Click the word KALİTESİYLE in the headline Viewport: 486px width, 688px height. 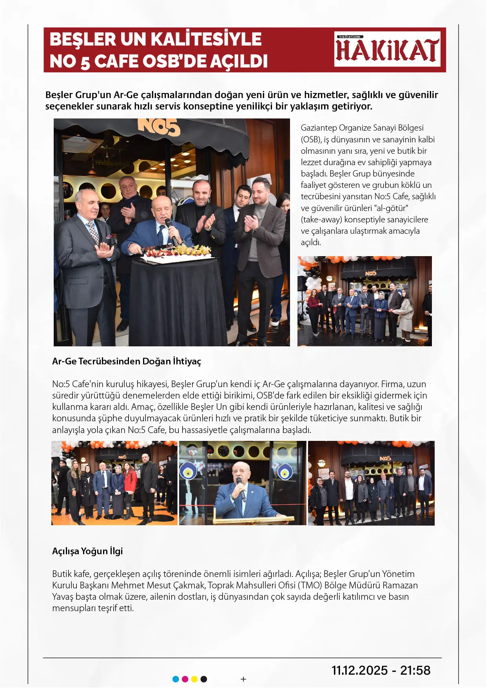pyautogui.click(x=206, y=39)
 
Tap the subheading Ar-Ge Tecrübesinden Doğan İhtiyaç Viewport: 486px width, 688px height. pyautogui.click(x=126, y=361)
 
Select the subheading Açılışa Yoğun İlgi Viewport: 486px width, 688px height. pyautogui.click(x=87, y=551)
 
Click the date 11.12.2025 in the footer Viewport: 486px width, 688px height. pyautogui.click(x=359, y=670)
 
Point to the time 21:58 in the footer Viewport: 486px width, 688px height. pyautogui.click(x=415, y=670)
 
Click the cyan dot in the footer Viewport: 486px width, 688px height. pyautogui.click(x=176, y=679)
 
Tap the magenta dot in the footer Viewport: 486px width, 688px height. pyautogui.click(x=185, y=679)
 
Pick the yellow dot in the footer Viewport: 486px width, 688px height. pyautogui.click(x=194, y=679)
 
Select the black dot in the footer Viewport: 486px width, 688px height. pyautogui.click(x=204, y=679)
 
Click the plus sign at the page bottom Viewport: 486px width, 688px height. pyautogui.click(x=243, y=679)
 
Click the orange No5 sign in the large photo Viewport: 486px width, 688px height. pyautogui.click(x=159, y=127)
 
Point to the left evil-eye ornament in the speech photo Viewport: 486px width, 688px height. pyautogui.click(x=189, y=472)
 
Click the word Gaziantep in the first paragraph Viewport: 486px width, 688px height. pyautogui.click(x=319, y=128)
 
